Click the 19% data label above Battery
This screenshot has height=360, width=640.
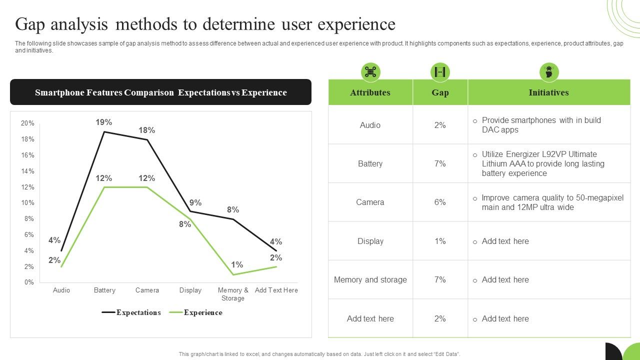[104, 122]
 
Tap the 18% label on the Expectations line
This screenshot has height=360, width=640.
[147, 130]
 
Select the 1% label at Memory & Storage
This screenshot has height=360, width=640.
[237, 265]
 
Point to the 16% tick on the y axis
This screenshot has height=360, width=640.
[27, 155]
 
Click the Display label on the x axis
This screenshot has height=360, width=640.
[190, 290]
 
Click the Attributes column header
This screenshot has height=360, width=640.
[370, 92]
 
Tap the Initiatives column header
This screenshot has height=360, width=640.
[548, 92]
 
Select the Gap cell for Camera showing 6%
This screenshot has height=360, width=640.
[440, 202]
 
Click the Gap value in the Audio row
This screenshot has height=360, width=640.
[440, 125]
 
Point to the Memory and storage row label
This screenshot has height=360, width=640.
[370, 280]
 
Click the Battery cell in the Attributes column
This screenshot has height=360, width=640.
[370, 163]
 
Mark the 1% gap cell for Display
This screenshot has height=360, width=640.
[440, 241]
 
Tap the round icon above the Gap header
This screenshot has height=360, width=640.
[440, 72]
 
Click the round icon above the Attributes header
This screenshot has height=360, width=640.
[370, 72]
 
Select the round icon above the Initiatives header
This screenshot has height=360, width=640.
[549, 72]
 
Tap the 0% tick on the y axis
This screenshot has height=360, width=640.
[29, 282]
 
